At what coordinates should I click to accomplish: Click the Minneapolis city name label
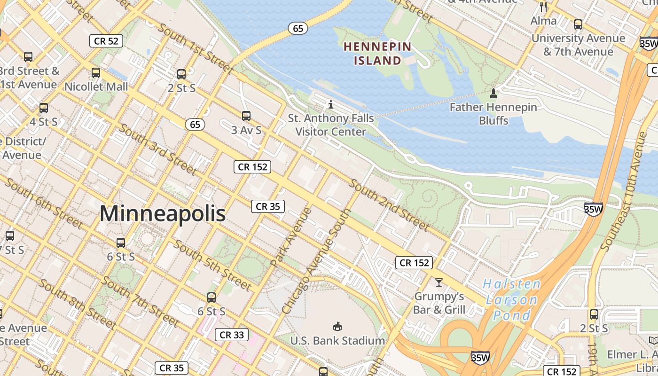pos(163,214)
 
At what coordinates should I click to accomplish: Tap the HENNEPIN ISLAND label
pos(377,54)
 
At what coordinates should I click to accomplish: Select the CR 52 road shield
pos(106,41)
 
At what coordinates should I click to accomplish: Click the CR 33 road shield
pos(232,335)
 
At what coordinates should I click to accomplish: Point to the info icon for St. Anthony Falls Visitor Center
pos(331,104)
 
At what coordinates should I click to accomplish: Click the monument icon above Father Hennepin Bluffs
pos(493,94)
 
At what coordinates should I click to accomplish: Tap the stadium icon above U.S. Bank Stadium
pos(337,326)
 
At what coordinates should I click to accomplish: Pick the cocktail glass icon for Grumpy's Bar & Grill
pos(439,282)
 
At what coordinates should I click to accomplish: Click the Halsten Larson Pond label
pos(511,299)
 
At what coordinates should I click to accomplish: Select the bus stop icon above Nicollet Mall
pos(96,73)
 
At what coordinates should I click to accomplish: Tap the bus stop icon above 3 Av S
pos(246,116)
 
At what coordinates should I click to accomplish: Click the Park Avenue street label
pos(291,237)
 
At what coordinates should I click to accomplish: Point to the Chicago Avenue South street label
pos(316,262)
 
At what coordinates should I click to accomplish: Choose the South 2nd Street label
pos(389,205)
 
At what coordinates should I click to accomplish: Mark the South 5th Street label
pos(212,265)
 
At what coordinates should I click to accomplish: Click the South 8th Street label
pos(77,304)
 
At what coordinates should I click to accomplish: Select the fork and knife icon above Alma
pos(544,7)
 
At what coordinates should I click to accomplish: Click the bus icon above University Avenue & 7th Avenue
pos(578,24)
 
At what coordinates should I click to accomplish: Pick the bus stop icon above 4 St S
pos(44,108)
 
